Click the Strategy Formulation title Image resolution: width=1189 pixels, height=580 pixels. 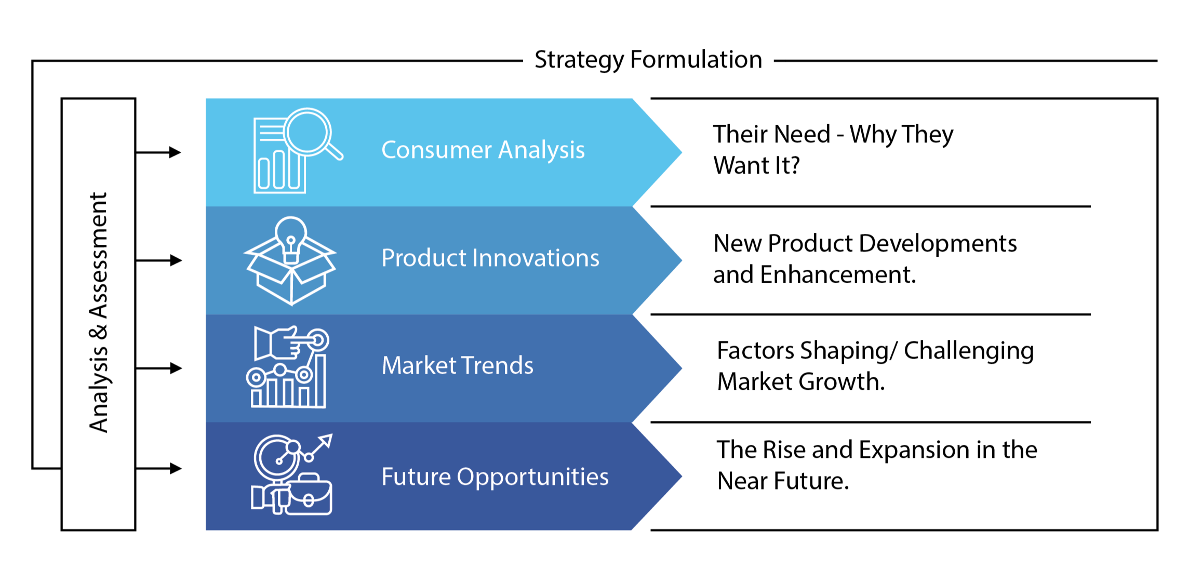(x=648, y=60)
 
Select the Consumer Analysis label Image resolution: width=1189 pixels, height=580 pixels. (x=483, y=150)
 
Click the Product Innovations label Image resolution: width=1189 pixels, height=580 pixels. (x=490, y=258)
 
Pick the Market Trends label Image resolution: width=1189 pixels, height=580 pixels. (x=458, y=365)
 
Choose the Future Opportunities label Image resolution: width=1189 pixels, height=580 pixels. (x=495, y=477)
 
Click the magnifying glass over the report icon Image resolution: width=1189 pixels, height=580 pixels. (x=312, y=133)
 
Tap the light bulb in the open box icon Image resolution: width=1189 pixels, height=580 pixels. (x=291, y=239)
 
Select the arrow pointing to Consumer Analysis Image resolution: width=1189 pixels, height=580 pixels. (x=158, y=152)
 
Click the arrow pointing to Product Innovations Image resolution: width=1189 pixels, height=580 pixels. (x=158, y=260)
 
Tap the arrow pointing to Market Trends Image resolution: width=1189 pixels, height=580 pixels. (x=158, y=368)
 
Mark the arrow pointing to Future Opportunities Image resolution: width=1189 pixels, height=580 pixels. (x=158, y=468)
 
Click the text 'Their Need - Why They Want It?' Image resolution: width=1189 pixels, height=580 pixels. (x=833, y=150)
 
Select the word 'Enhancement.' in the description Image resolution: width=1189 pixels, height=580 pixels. (x=838, y=274)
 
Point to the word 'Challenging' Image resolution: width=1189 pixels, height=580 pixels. (x=969, y=351)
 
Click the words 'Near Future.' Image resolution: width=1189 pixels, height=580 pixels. (x=783, y=481)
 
